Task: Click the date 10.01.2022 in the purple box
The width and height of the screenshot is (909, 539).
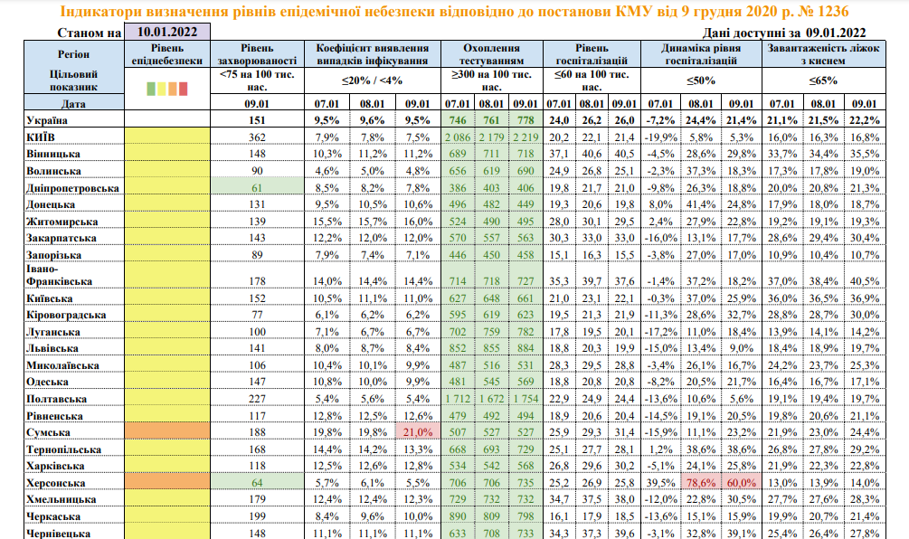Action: pos(167,32)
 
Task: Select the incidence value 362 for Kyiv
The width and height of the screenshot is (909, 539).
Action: pos(257,136)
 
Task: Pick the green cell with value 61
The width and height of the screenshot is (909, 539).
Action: pos(257,187)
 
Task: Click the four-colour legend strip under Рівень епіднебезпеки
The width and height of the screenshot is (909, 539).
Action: pos(166,89)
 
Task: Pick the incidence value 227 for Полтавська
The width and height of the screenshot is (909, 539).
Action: pos(257,398)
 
